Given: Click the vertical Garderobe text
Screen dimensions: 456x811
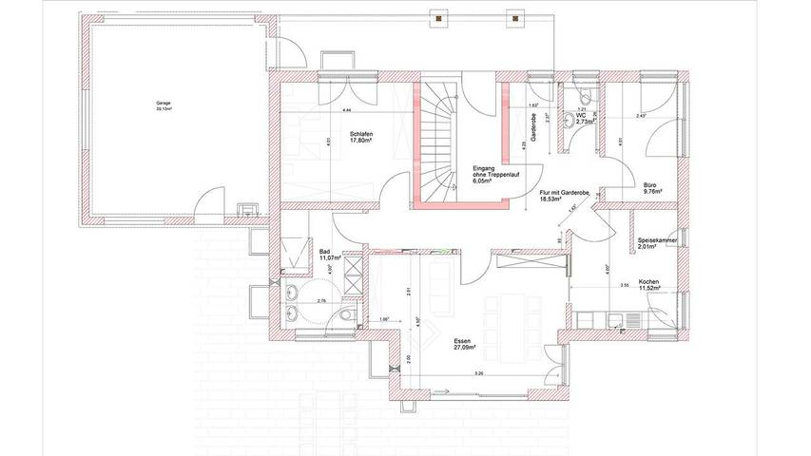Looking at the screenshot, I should pos(536,128).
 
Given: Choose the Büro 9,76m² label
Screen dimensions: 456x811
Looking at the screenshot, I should pos(651,187).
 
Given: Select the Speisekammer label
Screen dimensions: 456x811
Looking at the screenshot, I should pos(657,242).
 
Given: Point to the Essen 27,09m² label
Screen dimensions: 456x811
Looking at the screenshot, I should pos(464,344).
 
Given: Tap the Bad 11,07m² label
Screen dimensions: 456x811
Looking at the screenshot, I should pos(330,255).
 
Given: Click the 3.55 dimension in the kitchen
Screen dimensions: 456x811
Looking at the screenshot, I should pos(624,284).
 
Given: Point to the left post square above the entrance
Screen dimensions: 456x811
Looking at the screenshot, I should pos(439,17).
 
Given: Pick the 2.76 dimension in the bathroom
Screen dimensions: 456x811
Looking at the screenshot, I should pos(321,301).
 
